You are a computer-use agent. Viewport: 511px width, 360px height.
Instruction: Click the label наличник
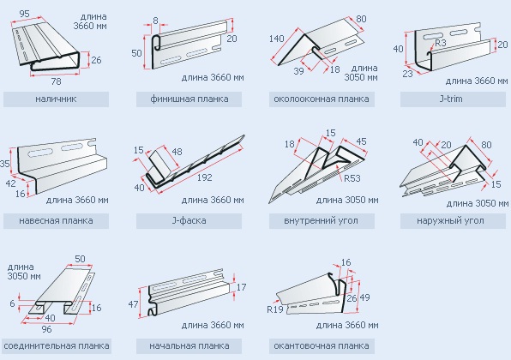[x=56, y=99]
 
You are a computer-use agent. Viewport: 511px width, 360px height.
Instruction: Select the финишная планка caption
[x=189, y=99]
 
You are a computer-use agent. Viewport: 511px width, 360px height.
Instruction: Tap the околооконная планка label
[x=322, y=99]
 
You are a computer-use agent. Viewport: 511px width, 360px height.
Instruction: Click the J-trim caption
[x=451, y=99]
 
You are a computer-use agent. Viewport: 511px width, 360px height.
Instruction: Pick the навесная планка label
[x=56, y=220]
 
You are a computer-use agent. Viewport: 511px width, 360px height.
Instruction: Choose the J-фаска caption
[x=189, y=220]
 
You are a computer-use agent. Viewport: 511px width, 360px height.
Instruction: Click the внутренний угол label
[x=321, y=220]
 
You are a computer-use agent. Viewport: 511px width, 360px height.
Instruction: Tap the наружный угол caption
[x=450, y=220]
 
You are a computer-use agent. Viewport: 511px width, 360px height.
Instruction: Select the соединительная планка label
[x=57, y=345]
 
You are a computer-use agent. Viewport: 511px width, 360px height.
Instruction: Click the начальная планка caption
[x=189, y=345]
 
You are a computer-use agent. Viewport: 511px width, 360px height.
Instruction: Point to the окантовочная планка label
[x=322, y=345]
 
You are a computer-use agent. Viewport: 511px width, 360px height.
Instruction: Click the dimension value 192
[x=204, y=177]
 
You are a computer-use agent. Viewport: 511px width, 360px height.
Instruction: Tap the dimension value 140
[x=277, y=39]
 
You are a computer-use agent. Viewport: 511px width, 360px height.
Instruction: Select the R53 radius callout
[x=352, y=178]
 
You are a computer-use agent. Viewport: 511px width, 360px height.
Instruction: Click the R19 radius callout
[x=275, y=309]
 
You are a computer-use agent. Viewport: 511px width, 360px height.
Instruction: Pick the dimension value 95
[x=25, y=14]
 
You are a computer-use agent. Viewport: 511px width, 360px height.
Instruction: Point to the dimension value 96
[x=46, y=329]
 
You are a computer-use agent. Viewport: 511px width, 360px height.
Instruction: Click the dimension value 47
[x=133, y=304]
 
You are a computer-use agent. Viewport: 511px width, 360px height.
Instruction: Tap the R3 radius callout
[x=441, y=43]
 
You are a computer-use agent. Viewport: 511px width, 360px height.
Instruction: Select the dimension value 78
[x=56, y=81]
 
